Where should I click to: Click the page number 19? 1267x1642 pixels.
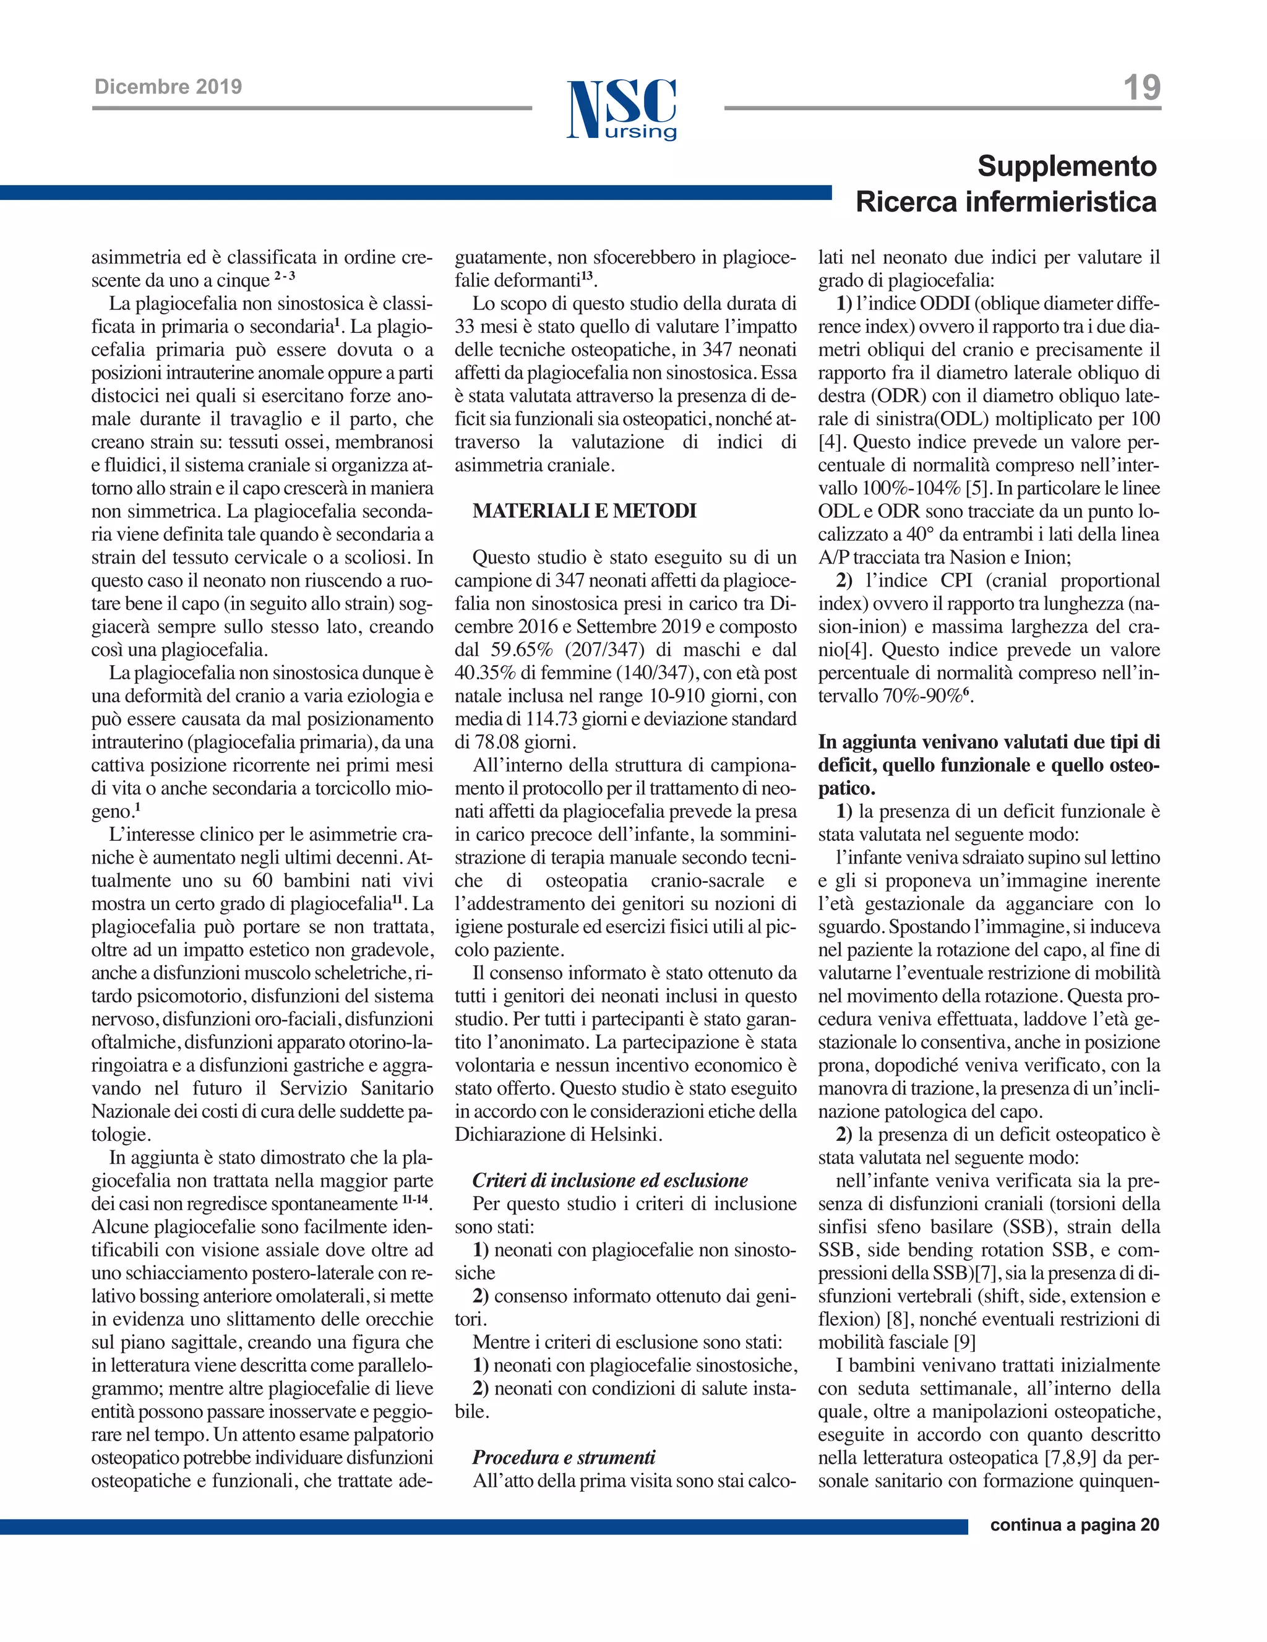1141,88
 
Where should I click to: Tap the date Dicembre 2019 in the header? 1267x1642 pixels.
168,87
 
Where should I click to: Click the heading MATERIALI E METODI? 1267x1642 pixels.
584,511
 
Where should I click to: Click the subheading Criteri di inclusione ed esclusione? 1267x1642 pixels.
610,1180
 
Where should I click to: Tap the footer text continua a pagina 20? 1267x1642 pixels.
1075,1524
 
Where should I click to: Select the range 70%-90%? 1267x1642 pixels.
922,696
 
